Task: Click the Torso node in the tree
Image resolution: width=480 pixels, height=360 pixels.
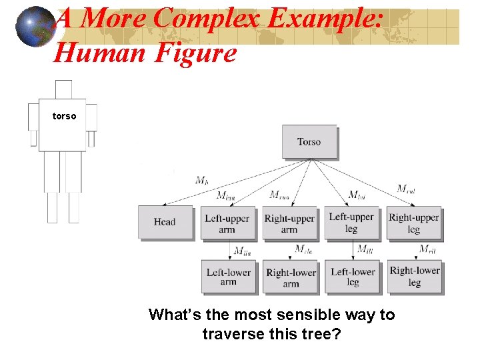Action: pyautogui.click(x=309, y=142)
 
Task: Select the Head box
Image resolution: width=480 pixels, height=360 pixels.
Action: pyautogui.click(x=165, y=222)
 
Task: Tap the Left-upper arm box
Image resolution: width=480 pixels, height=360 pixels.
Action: pyautogui.click(x=227, y=223)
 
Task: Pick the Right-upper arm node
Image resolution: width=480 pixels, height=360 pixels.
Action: pyautogui.click(x=289, y=223)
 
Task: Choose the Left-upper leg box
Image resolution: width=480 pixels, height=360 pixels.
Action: pyautogui.click(x=351, y=223)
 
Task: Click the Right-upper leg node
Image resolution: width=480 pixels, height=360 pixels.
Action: pyautogui.click(x=414, y=223)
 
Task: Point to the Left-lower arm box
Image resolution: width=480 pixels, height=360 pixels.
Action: pyautogui.click(x=228, y=277)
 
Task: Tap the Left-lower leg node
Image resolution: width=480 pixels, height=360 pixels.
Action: pyautogui.click(x=353, y=277)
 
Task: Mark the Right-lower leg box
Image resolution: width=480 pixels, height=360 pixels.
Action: pyautogui.click(x=415, y=276)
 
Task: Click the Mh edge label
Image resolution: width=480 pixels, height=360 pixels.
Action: pyautogui.click(x=201, y=180)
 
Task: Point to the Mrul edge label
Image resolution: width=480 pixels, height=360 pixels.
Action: pyautogui.click(x=406, y=189)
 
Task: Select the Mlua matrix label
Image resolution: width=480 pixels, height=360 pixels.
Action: pyautogui.click(x=225, y=195)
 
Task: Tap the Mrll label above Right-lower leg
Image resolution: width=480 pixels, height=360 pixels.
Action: pyautogui.click(x=427, y=249)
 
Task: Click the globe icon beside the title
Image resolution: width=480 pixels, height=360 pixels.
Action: pyautogui.click(x=34, y=27)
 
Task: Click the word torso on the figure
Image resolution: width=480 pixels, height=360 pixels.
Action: pyautogui.click(x=64, y=117)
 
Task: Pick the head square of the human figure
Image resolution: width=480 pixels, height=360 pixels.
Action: pyautogui.click(x=63, y=89)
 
